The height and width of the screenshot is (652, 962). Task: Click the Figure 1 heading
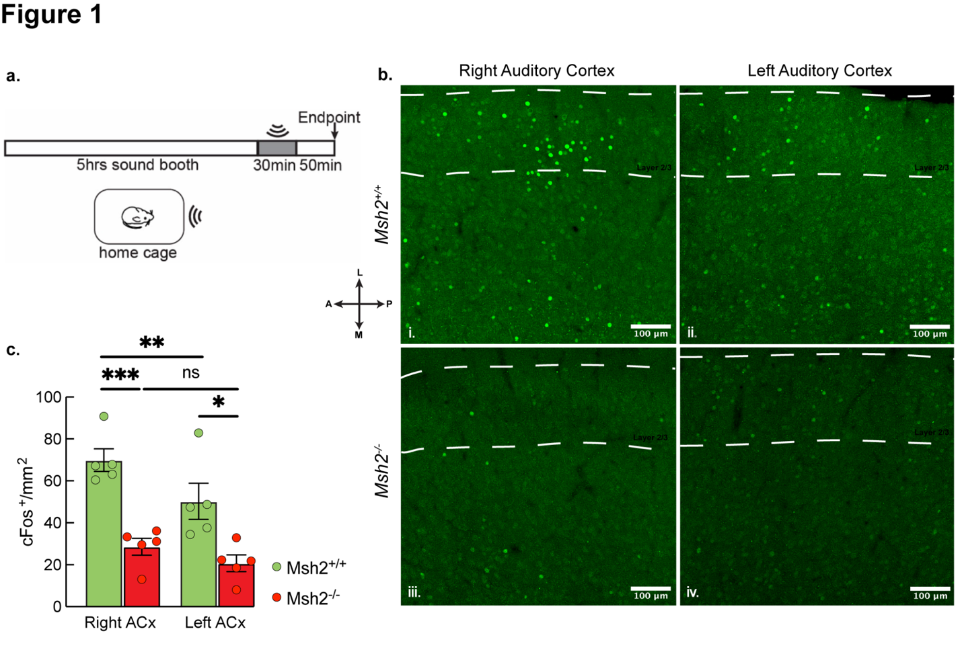pyautogui.click(x=52, y=15)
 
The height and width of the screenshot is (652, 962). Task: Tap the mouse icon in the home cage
pyautogui.click(x=138, y=216)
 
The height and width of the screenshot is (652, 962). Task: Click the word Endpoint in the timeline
pyautogui.click(x=329, y=118)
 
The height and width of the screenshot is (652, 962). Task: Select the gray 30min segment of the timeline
pyautogui.click(x=277, y=148)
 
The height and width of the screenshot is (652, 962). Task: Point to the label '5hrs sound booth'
pyautogui.click(x=137, y=165)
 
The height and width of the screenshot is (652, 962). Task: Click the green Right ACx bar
pyautogui.click(x=104, y=538)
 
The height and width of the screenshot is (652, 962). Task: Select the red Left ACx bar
pyautogui.click(x=236, y=585)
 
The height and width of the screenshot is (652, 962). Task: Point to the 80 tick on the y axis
pyautogui.click(x=52, y=439)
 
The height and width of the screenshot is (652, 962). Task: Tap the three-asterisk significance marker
pyautogui.click(x=120, y=375)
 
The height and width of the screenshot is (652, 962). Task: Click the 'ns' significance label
pyautogui.click(x=191, y=373)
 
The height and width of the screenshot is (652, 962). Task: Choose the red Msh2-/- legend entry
pyautogui.click(x=307, y=598)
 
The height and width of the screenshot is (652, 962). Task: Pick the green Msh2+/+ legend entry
pyautogui.click(x=309, y=567)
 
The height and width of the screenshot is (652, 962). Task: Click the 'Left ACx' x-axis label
pyautogui.click(x=215, y=623)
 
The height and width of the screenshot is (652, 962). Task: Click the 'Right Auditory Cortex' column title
pyautogui.click(x=536, y=71)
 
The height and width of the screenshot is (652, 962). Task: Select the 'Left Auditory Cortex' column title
pyautogui.click(x=819, y=71)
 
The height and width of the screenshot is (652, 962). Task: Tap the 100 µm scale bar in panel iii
pyautogui.click(x=651, y=589)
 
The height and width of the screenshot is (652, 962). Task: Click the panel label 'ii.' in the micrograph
pyautogui.click(x=692, y=333)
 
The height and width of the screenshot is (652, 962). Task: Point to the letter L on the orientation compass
pyautogui.click(x=360, y=273)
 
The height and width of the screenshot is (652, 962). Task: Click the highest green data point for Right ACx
pyautogui.click(x=104, y=417)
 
